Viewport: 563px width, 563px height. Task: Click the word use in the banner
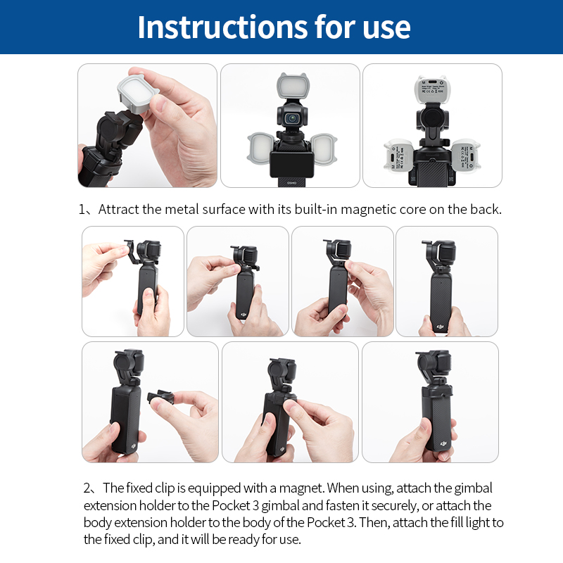[385, 28]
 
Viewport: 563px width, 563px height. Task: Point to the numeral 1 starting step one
[82, 210]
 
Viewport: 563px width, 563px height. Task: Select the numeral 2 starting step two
[87, 488]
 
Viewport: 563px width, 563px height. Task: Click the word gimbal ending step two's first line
[473, 488]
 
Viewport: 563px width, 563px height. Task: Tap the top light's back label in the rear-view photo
[431, 89]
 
